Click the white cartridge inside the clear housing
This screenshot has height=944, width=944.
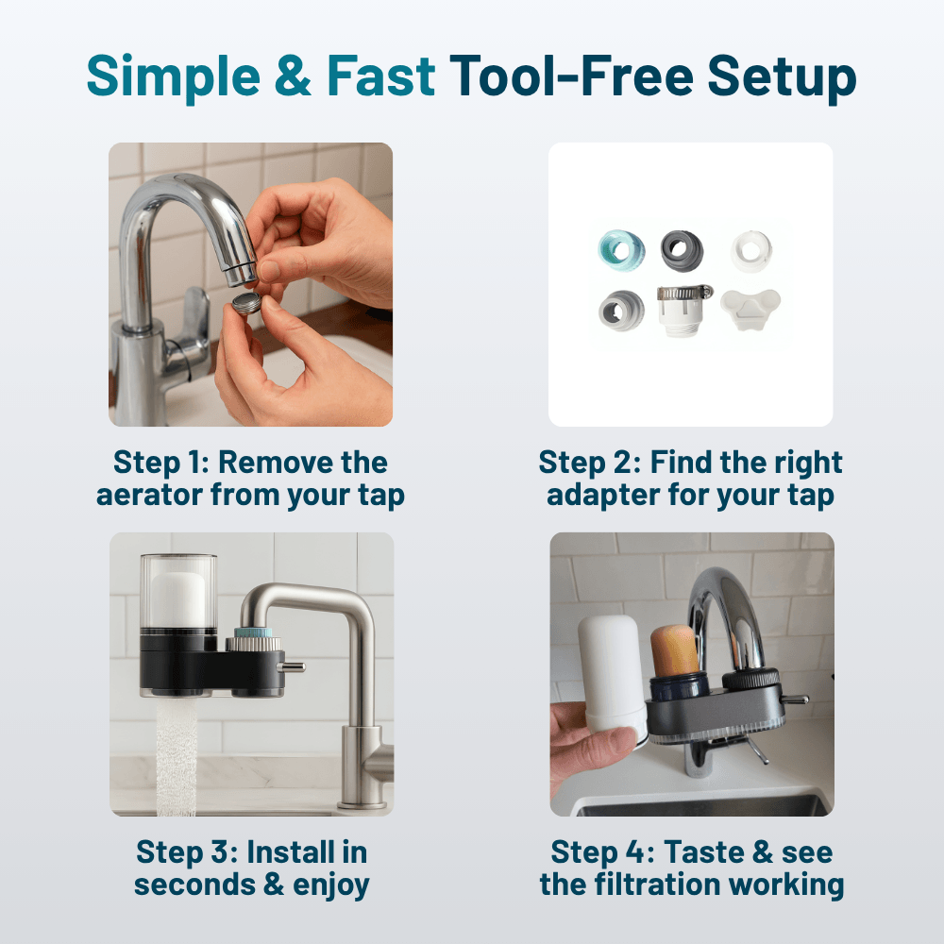click(x=177, y=596)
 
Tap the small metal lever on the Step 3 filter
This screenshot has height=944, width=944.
click(x=295, y=666)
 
